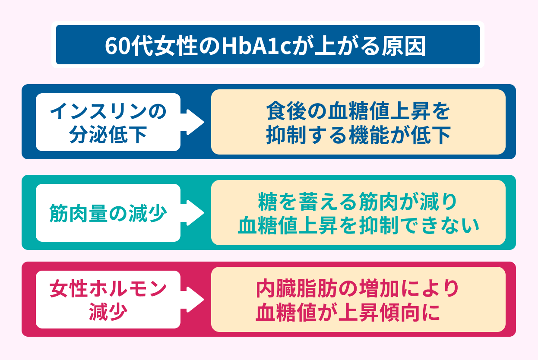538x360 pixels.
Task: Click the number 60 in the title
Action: click(x=117, y=46)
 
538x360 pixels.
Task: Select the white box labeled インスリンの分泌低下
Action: click(x=108, y=122)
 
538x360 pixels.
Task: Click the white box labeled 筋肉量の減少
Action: click(x=108, y=213)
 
